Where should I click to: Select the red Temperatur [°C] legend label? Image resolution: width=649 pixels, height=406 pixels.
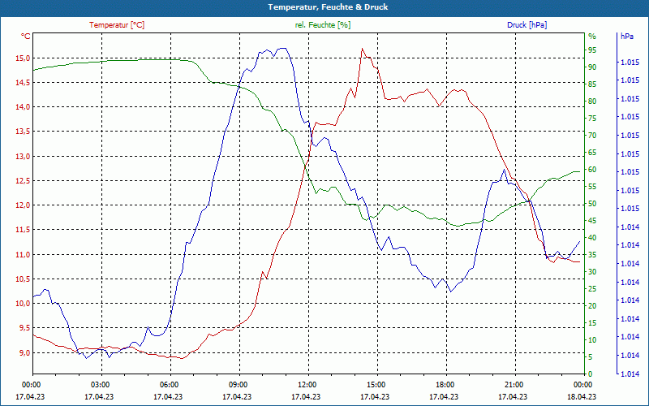pyautogui.click(x=117, y=25)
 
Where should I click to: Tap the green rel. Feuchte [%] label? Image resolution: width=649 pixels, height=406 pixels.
pyautogui.click(x=323, y=25)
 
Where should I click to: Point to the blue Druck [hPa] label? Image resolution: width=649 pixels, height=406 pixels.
pyautogui.click(x=527, y=25)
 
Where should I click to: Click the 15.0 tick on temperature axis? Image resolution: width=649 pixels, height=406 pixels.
pyautogui.click(x=22, y=58)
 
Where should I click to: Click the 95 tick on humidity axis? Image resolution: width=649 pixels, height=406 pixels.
pyautogui.click(x=592, y=49)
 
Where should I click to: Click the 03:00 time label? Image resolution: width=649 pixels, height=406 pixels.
pyautogui.click(x=101, y=384)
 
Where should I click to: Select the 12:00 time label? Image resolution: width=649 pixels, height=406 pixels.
pyautogui.click(x=307, y=384)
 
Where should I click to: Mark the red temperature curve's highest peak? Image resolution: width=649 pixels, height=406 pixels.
pyautogui.click(x=363, y=49)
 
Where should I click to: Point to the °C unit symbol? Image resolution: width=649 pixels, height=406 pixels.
pyautogui.click(x=26, y=36)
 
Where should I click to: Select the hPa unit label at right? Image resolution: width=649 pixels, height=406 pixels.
pyautogui.click(x=627, y=37)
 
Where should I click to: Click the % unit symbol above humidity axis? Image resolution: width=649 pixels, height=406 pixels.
pyautogui.click(x=592, y=36)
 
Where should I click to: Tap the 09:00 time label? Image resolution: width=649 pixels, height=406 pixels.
pyautogui.click(x=239, y=384)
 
